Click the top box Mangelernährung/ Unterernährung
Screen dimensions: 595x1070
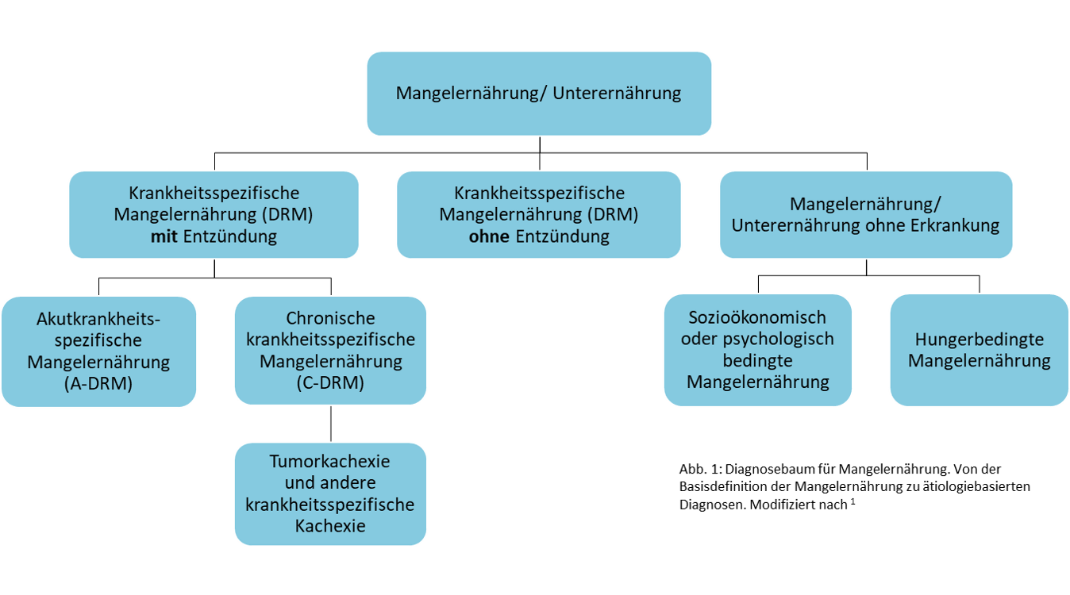coord(539,94)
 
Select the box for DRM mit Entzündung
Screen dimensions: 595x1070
coord(214,214)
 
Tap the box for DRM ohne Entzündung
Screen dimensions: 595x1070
coord(539,214)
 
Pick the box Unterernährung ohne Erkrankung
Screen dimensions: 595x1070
coord(866,214)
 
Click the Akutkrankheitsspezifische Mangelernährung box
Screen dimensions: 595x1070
coord(98,351)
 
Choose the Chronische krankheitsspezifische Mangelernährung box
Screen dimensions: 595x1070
coord(330,351)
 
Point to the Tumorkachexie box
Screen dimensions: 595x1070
coord(330,493)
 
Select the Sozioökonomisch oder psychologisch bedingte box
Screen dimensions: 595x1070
coord(758,350)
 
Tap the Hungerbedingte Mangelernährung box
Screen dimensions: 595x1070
coord(979,350)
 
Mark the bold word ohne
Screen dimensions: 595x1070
coord(489,236)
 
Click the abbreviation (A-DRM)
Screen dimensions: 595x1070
coord(98,384)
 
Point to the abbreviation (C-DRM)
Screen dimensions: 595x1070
coord(330,383)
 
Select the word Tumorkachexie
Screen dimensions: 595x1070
coord(330,461)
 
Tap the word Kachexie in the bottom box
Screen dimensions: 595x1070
coord(330,525)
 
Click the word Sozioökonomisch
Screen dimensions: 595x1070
coord(758,317)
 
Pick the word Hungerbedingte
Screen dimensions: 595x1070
coord(979,340)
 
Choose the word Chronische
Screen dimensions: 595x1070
coord(330,318)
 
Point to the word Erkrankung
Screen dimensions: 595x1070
coord(956,225)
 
